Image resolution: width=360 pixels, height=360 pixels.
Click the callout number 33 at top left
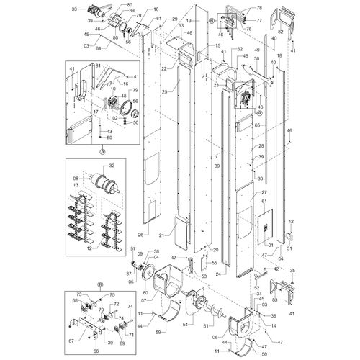(74, 9)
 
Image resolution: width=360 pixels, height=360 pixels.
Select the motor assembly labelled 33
(94, 12)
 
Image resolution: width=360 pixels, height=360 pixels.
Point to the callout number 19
(188, 22)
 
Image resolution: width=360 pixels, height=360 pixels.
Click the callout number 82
(279, 35)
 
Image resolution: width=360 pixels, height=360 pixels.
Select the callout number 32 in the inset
(110, 166)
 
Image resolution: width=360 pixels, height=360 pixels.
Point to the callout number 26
(140, 234)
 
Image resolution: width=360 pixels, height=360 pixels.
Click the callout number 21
(163, 235)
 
